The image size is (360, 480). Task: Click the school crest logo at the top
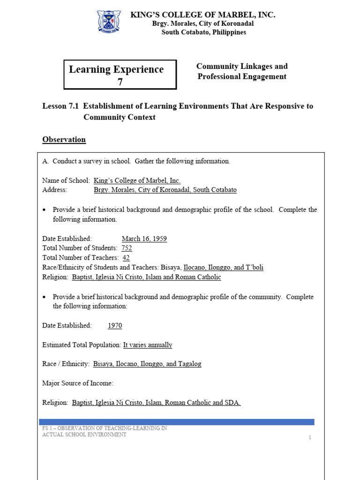tap(109, 22)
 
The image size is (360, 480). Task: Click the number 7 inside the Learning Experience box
tap(120, 81)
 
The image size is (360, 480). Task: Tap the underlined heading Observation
tap(64, 139)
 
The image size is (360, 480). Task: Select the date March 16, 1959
tap(144, 239)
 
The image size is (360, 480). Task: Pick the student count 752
tap(127, 248)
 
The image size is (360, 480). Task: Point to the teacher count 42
tap(126, 257)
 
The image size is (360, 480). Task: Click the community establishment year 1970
tap(115, 325)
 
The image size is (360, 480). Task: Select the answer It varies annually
tap(148, 345)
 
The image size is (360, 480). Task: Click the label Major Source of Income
tap(78, 383)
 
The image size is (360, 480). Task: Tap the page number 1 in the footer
tap(310, 437)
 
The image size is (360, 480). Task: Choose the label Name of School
tap(66, 180)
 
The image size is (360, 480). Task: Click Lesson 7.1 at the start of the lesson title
tap(60, 106)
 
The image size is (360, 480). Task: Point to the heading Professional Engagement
tap(242, 76)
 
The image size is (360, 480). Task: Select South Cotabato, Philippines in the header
tap(203, 32)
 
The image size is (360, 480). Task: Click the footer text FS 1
tap(48, 428)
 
